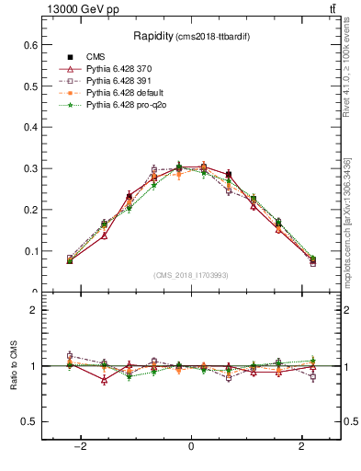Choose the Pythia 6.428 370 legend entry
[119, 68]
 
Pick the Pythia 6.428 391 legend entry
[119, 81]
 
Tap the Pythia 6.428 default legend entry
[123, 94]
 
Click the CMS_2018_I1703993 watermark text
[190, 275]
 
